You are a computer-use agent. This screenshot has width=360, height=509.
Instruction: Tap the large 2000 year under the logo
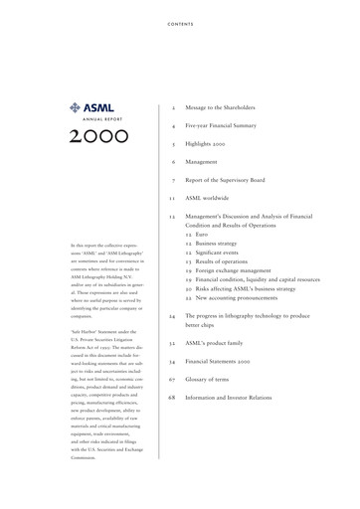[x=98, y=135]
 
